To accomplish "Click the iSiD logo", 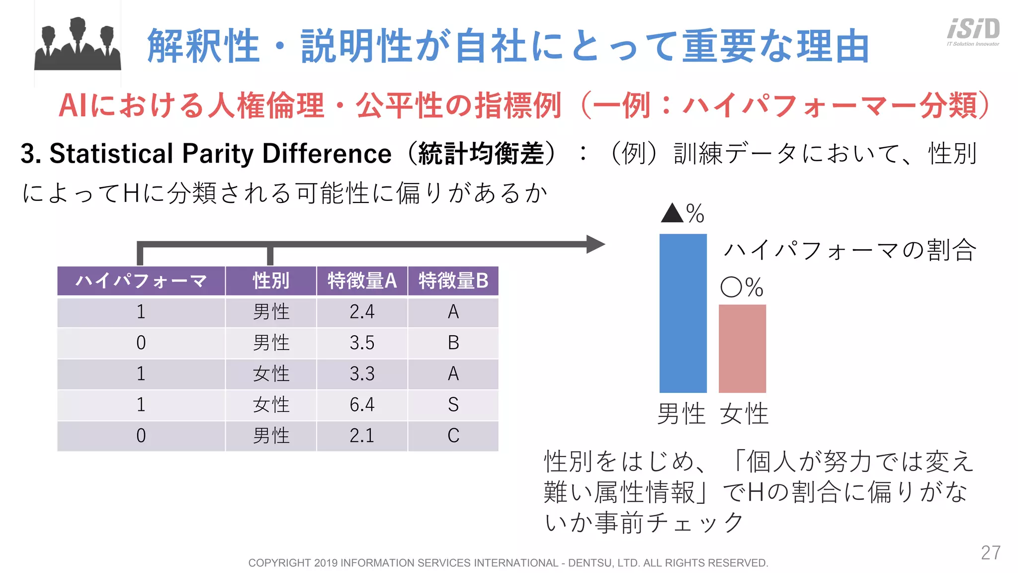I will click(973, 31).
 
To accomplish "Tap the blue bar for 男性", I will click(682, 313).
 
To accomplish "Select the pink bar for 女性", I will click(742, 348).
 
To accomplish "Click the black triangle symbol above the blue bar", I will click(672, 213).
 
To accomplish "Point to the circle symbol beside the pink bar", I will click(731, 287).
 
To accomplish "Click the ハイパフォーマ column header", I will click(141, 281).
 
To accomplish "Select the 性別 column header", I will click(271, 281).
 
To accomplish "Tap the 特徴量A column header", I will click(362, 281).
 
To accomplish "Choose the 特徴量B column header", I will click(453, 281).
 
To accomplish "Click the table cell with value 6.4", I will click(362, 404).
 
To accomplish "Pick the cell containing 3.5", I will click(362, 343).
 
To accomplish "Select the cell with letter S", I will click(453, 404).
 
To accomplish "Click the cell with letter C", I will click(453, 436).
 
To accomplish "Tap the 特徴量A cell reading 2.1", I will click(362, 436).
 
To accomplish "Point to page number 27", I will click(990, 553).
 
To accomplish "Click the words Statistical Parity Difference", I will click(220, 153).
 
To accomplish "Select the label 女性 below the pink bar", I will click(744, 414).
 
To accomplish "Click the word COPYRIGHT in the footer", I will click(279, 563).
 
